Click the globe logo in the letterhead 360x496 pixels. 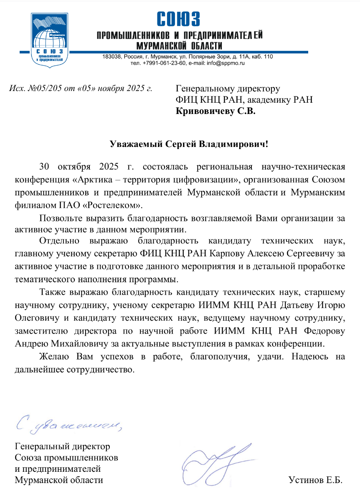coord(49,40)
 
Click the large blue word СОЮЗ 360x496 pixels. coord(178,19)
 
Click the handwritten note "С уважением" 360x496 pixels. coord(69,423)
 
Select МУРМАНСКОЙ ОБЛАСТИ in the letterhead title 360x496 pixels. coord(180,45)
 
